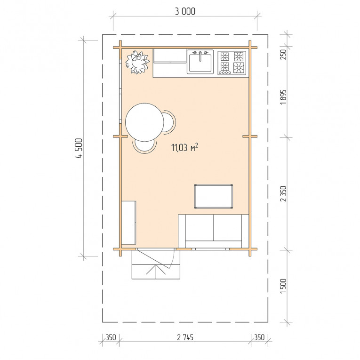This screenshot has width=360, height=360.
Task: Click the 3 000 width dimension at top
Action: [185, 11]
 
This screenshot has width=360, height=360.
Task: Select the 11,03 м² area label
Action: [184, 147]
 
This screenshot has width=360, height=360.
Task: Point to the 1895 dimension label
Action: [284, 97]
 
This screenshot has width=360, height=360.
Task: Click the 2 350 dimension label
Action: [284, 193]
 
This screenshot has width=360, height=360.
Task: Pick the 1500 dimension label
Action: [284, 286]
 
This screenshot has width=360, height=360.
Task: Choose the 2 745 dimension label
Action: [185, 337]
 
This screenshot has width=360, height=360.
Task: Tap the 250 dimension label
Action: [284, 55]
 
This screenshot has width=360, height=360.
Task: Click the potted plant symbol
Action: [137, 62]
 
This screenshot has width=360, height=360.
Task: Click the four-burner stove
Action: [232, 63]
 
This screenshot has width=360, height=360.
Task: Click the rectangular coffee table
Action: [214, 196]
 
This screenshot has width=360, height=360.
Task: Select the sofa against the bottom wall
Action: [214, 231]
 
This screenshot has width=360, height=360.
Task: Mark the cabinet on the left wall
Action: [128, 223]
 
